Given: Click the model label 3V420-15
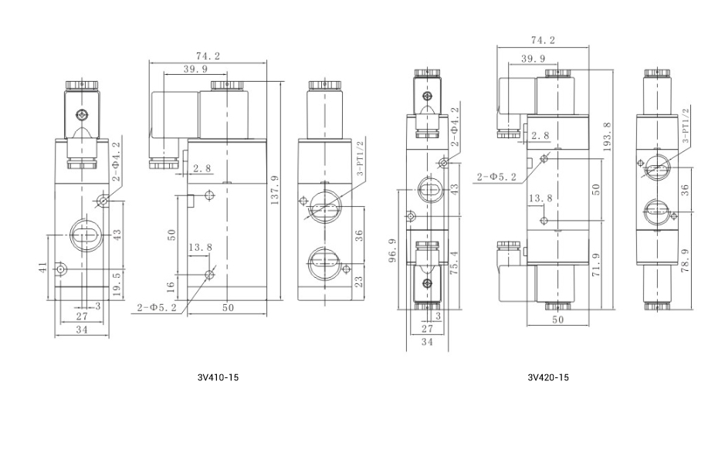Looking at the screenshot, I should [x=548, y=378].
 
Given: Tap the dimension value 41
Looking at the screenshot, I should [x=42, y=268].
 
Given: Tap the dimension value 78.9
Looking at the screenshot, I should [x=685, y=262].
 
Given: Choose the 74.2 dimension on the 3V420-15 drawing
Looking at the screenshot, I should [x=543, y=41].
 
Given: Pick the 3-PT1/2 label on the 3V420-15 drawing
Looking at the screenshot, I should [x=685, y=127].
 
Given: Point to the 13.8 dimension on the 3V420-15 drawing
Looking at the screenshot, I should [x=540, y=198].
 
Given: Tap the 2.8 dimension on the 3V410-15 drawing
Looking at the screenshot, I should [x=202, y=167].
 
